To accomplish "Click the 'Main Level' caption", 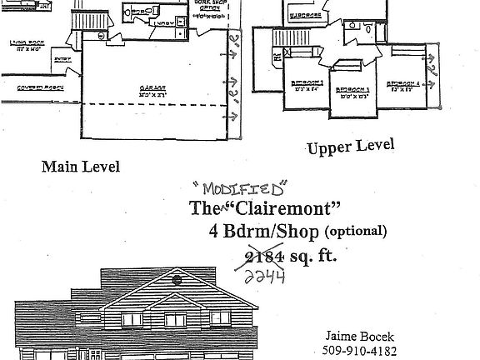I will (x=81, y=167).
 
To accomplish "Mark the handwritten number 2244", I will (x=266, y=274).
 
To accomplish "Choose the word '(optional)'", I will (x=356, y=231).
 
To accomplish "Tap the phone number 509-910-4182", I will (x=358, y=350).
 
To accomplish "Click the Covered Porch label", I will (x=21, y=86).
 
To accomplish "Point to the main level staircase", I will (x=82, y=21).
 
